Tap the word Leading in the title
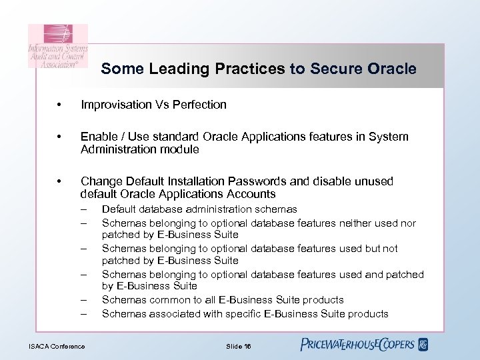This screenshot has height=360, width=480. [x=169, y=69]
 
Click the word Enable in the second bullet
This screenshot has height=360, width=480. [x=97, y=137]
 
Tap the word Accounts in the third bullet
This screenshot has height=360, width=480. [x=251, y=194]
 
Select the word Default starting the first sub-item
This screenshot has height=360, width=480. [x=117, y=209]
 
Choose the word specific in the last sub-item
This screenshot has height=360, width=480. [x=241, y=313]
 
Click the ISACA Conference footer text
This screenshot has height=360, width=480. [x=57, y=345]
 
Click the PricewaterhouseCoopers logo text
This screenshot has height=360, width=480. [x=357, y=345]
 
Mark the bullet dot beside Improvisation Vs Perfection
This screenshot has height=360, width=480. [x=61, y=105]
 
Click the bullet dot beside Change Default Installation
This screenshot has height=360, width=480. [x=61, y=182]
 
